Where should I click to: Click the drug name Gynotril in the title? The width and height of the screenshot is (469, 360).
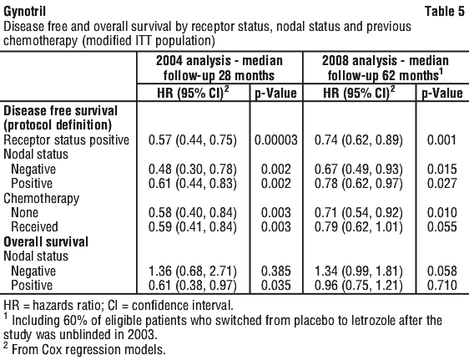pos(24,12)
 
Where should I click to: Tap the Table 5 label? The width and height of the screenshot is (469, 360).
pos(445,12)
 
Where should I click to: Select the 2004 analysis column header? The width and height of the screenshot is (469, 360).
pos(219,68)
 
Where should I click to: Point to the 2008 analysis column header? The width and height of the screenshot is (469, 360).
pos(386,68)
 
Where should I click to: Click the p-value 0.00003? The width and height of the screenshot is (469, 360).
pos(276,140)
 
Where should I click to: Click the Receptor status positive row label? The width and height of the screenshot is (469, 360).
pos(66,140)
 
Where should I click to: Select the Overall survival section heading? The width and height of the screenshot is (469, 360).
pos(46,241)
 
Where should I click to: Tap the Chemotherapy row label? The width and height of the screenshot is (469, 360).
pos(41,199)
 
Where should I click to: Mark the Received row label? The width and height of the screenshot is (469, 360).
pos(34,227)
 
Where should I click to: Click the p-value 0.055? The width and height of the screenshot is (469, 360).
pos(441,227)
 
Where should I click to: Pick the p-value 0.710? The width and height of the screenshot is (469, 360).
pos(441,285)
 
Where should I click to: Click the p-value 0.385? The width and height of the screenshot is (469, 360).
pos(275,271)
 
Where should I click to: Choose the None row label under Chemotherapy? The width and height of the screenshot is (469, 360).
pos(24,213)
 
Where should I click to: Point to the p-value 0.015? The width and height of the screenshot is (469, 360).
pos(441,169)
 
